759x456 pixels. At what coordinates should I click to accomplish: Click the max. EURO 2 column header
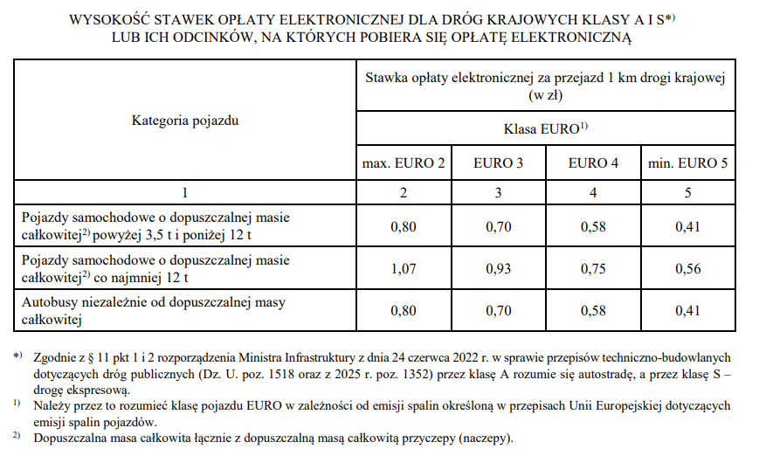tap(404, 163)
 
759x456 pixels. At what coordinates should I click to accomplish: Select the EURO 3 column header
tap(499, 163)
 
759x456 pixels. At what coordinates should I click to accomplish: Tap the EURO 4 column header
tap(593, 163)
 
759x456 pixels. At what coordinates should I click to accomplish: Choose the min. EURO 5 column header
tap(688, 163)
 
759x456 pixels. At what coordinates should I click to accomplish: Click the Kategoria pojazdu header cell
tap(185, 120)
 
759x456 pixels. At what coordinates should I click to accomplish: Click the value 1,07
tap(404, 269)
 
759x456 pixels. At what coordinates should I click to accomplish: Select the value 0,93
tap(499, 269)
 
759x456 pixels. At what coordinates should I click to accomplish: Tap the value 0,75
tap(593, 269)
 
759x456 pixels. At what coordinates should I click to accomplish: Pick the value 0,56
tap(688, 269)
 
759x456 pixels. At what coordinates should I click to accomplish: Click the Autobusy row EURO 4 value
tap(593, 311)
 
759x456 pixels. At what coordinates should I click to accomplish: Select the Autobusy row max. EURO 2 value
tap(404, 311)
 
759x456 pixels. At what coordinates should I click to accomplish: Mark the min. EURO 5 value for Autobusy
tap(688, 311)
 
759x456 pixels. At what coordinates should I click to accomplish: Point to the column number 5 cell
tap(688, 191)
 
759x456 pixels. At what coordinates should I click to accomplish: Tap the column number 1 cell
tap(185, 191)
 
